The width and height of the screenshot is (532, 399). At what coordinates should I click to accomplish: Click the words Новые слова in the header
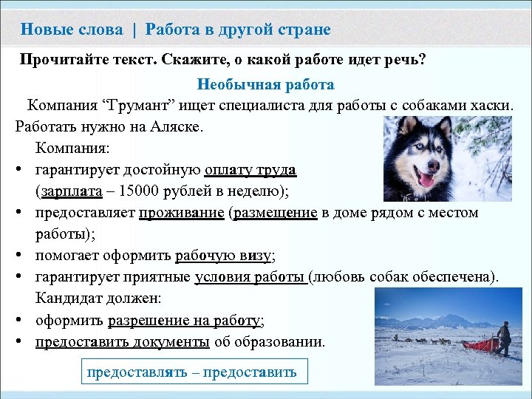(72, 30)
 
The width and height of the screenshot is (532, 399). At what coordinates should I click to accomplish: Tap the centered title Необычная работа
(265, 85)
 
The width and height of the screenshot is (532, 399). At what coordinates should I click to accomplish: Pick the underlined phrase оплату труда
(250, 170)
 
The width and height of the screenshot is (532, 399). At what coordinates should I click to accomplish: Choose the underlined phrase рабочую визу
(223, 256)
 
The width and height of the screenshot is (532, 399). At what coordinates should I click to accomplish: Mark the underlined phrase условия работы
(250, 277)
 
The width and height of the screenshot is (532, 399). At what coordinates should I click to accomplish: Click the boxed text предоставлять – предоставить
(191, 372)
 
